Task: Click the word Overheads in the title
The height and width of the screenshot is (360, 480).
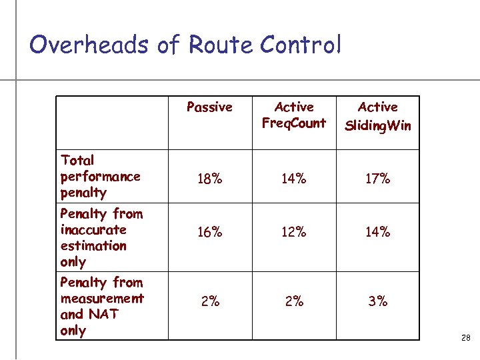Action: [89, 45]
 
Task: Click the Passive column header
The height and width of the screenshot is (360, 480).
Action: [209, 107]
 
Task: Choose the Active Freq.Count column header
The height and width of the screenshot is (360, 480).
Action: [294, 115]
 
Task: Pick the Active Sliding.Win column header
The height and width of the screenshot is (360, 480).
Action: [378, 115]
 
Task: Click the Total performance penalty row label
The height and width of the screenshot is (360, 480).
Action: [100, 176]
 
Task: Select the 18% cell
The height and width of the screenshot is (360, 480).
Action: [210, 179]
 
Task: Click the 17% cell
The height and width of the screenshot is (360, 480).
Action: [378, 179]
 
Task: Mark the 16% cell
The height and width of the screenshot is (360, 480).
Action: [210, 232]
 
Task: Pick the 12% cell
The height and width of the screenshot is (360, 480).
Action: [294, 232]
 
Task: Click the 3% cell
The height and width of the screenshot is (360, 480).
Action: [378, 301]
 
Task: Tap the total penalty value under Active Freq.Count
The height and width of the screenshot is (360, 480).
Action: [294, 179]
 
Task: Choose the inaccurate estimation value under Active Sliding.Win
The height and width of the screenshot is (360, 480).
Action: [378, 232]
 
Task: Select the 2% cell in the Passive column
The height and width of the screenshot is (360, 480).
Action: [210, 301]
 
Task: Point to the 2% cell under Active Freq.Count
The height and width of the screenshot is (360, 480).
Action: [294, 301]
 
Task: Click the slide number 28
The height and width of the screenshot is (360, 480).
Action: [465, 339]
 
